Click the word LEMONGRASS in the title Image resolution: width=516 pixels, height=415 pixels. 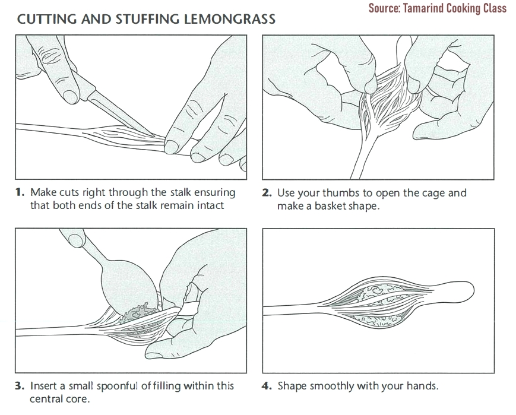(x=230, y=20)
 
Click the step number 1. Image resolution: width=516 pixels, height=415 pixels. (x=20, y=192)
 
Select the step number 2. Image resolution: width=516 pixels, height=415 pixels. (x=266, y=192)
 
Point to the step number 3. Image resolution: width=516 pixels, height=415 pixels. (x=20, y=386)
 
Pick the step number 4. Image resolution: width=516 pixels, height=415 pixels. (x=266, y=386)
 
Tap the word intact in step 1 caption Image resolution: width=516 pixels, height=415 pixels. (x=211, y=205)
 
